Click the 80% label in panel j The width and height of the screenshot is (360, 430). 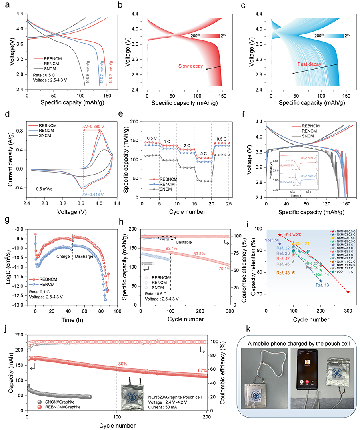(122, 364)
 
